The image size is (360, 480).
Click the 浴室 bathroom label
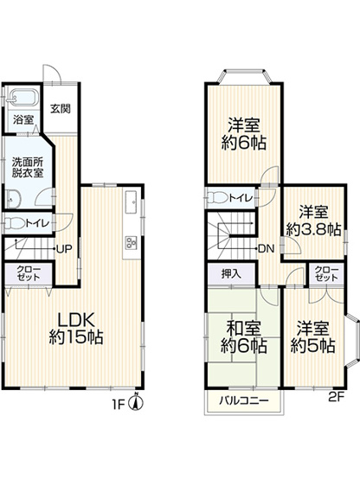tap(23, 120)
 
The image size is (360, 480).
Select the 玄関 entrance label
tap(60, 109)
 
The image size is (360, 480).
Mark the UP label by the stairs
tap(64, 249)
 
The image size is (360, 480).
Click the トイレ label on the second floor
tap(241, 197)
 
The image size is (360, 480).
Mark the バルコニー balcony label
tap(241, 400)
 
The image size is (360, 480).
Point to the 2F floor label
tap(337, 400)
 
